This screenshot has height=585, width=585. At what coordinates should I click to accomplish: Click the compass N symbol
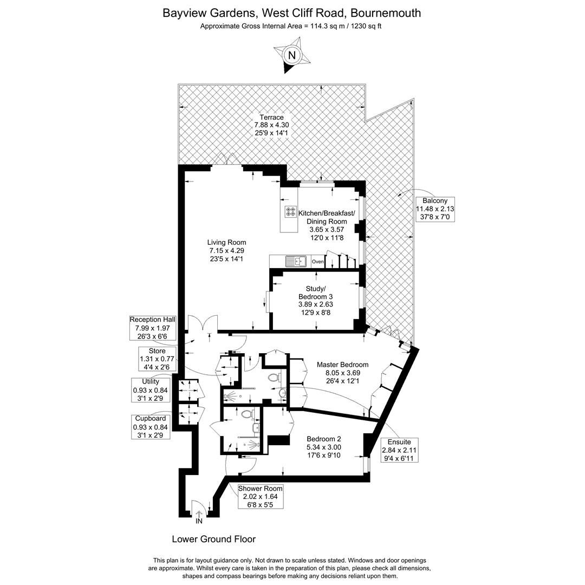(x=292, y=55)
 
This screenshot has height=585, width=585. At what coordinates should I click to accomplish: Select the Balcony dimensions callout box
(x=435, y=209)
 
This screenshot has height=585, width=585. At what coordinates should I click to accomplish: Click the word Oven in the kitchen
(x=318, y=262)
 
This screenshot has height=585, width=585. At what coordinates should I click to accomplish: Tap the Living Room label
(x=226, y=251)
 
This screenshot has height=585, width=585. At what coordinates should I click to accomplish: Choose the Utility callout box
(x=150, y=390)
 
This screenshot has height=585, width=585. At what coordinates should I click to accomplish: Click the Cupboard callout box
(x=151, y=427)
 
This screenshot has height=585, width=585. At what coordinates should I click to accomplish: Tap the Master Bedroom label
(x=342, y=373)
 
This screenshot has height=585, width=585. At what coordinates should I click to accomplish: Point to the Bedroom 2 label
(x=323, y=447)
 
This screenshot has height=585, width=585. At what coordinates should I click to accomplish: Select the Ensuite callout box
(x=400, y=450)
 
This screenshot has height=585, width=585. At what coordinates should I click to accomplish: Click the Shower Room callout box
(x=260, y=497)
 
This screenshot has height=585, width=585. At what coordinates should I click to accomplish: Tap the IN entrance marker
(x=199, y=522)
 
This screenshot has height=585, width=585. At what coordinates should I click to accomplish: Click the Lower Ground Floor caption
(x=213, y=539)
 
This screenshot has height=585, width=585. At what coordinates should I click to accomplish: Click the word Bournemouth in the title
(x=385, y=12)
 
